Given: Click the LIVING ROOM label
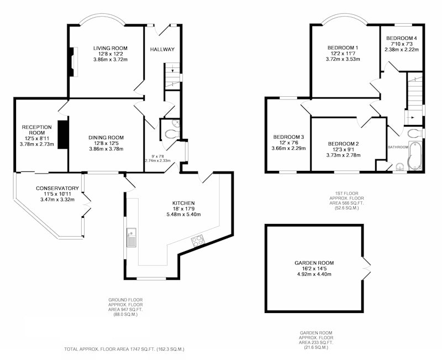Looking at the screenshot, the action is pos(110,48).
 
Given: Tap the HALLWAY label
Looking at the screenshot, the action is pos(162,49).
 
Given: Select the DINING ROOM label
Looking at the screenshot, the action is pos(106,138).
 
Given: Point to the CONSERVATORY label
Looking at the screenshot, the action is pos(57,188).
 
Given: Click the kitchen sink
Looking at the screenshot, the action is pos(131,237).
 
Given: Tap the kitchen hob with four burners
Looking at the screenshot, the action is pos(198,241).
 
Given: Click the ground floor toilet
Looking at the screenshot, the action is pos(171,134).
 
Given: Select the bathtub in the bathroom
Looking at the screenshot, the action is pos(415,156).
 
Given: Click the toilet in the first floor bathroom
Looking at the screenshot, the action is pos(414,133).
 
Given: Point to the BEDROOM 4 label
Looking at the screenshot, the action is pos(402,38).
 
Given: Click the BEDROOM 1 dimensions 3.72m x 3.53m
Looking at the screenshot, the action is pos(343,59).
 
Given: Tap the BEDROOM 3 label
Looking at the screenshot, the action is pos(288,137).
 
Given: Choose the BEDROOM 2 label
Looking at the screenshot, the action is pos(343,144).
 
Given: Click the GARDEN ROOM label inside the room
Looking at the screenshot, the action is pos(314,263).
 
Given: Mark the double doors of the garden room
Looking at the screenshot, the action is pos(366,268).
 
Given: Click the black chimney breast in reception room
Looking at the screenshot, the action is pos(63,134).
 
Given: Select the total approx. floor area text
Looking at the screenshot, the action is pos(124,349).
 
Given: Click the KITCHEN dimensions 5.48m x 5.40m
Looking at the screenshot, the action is pos(183,215).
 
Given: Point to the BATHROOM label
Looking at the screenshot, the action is pos(398,147).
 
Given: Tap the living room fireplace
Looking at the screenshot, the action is pos(73,62).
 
